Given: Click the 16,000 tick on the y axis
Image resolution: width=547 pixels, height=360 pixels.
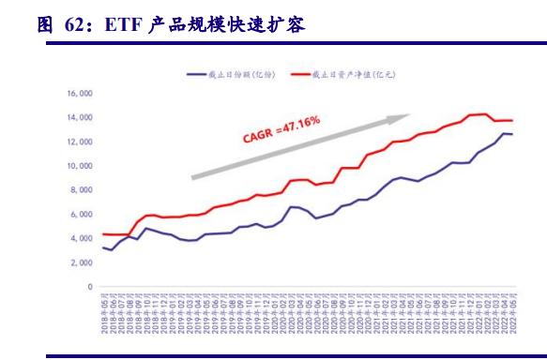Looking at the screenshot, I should click(79, 94).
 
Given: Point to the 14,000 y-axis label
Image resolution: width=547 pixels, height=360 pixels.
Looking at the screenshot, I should click(79, 118).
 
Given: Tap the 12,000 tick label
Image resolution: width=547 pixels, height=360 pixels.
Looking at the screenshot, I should click(79, 142).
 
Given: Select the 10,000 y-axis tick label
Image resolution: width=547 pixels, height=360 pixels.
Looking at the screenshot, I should click(79, 166).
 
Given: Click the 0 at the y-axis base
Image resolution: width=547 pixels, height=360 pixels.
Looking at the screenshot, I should click(90, 287).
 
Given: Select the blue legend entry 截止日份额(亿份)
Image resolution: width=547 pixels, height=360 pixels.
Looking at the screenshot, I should click(232, 72).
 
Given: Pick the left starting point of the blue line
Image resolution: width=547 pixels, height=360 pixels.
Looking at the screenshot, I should click(104, 247).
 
